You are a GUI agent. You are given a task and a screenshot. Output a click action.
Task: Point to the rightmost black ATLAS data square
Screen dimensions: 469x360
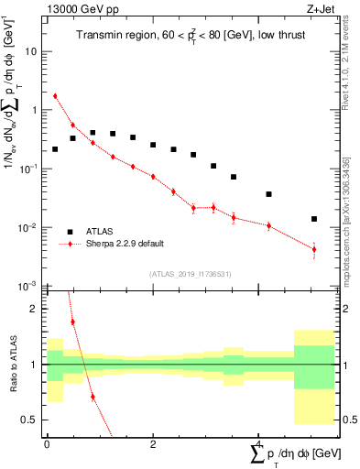314,219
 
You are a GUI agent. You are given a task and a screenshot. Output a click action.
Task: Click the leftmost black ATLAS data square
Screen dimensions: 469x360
55,148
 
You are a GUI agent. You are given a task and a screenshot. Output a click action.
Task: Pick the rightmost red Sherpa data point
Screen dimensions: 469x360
314,249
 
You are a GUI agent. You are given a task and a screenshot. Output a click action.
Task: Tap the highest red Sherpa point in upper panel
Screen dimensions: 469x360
55,96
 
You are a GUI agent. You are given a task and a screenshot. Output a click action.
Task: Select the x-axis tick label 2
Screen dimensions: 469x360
153,444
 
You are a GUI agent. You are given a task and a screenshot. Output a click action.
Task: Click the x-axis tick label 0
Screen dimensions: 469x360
47,444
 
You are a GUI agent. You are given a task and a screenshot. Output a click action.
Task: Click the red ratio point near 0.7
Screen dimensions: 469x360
93,397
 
